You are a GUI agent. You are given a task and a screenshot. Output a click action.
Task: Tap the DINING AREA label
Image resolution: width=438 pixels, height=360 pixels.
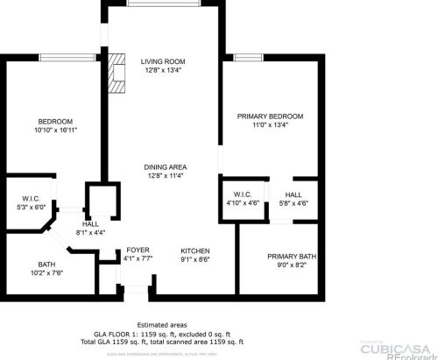click(x=166, y=166)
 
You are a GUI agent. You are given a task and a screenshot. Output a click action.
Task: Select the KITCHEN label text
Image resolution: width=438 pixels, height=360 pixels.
click(x=195, y=250)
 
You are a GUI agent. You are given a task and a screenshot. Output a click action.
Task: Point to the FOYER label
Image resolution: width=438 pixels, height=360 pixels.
click(x=138, y=250)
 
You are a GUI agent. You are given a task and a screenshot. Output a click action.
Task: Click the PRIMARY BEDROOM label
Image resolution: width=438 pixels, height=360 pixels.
click(x=270, y=116)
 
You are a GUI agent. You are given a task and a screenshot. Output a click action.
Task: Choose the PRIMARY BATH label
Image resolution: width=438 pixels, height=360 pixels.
click(x=292, y=257)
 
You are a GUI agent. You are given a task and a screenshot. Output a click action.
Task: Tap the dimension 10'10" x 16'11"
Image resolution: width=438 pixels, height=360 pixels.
click(x=54, y=130)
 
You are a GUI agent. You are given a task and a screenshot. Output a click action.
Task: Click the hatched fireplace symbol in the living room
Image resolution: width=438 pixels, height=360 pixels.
click(x=118, y=70)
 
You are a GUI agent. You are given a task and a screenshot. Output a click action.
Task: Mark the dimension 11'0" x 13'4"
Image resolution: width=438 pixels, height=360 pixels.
click(x=270, y=125)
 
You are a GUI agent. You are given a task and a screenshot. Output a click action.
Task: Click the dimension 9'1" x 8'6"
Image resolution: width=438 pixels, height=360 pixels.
click(x=195, y=258)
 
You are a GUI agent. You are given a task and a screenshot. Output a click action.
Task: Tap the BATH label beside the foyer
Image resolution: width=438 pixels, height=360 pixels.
click(x=46, y=265)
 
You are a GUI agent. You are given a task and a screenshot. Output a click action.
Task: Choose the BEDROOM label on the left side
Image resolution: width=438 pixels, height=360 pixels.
click(x=54, y=121)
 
